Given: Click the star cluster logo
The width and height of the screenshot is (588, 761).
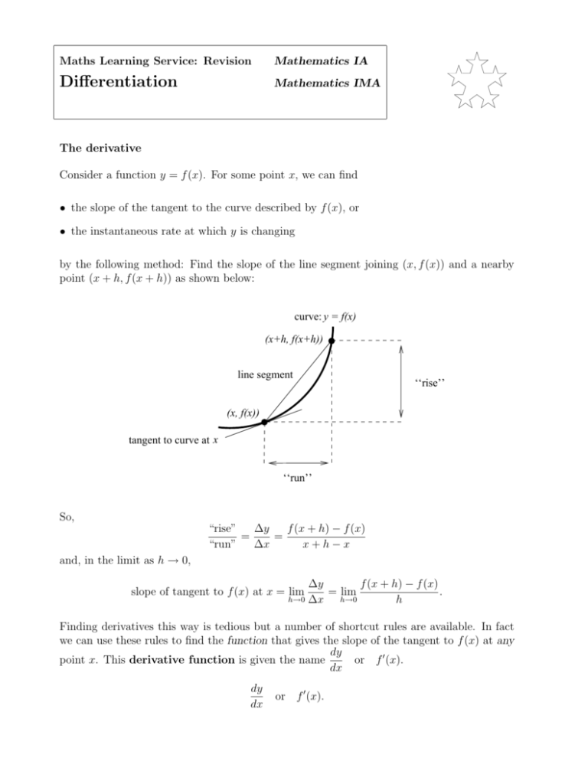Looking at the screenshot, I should coord(478,80).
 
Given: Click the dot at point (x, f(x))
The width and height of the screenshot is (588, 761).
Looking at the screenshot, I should coord(264,422).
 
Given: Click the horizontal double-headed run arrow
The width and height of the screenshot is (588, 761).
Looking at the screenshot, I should coord(297,462).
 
